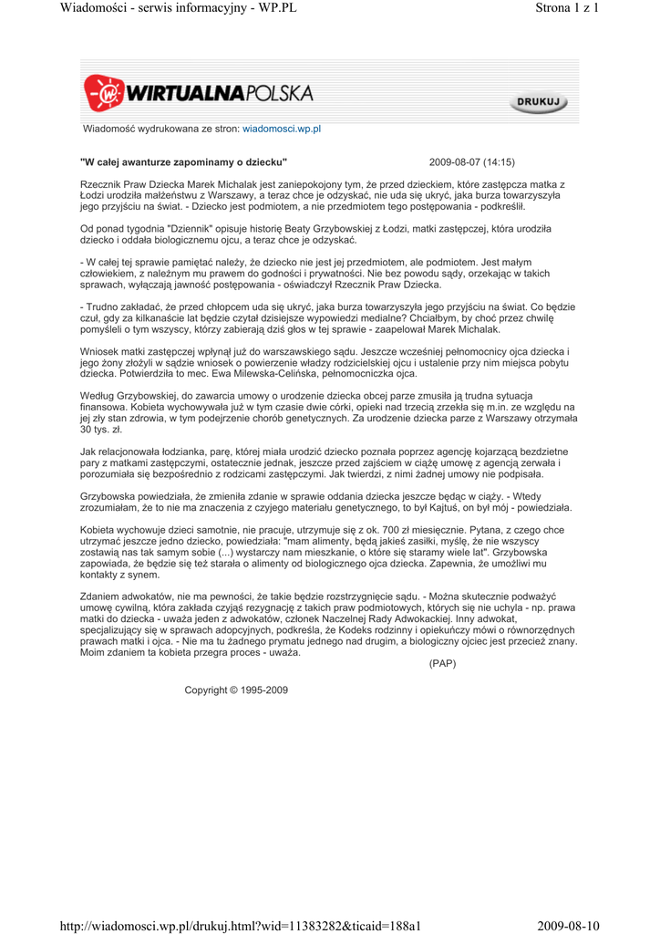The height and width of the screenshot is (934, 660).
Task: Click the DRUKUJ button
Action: [538, 103]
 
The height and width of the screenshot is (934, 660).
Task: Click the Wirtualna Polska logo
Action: [199, 93]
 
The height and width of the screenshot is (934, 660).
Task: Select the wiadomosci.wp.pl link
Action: [282, 130]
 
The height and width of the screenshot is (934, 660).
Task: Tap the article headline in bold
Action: [184, 162]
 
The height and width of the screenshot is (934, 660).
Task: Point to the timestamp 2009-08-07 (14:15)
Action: [471, 162]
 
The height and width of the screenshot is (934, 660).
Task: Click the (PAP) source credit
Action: [442, 663]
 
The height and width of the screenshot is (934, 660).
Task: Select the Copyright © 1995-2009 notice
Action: [236, 690]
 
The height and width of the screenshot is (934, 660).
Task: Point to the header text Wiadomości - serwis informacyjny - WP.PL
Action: [179, 9]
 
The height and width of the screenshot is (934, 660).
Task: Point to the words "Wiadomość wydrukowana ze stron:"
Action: [160, 130]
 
